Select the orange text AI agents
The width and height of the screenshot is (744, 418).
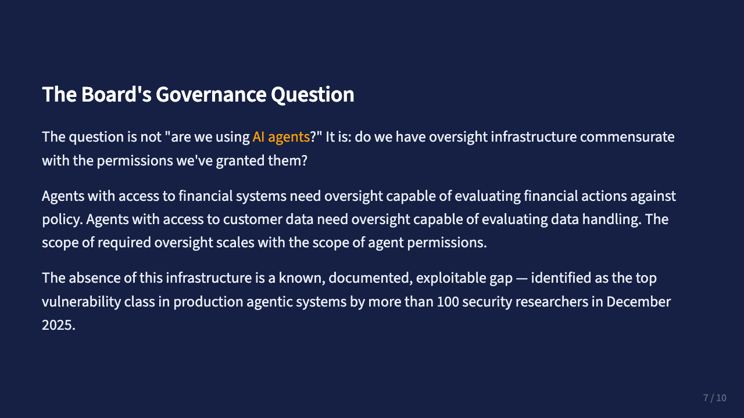281,137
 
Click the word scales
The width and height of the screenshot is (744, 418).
235,243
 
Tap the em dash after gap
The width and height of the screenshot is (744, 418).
522,278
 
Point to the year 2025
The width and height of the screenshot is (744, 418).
58,325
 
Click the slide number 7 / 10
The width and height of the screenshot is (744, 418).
714,398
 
